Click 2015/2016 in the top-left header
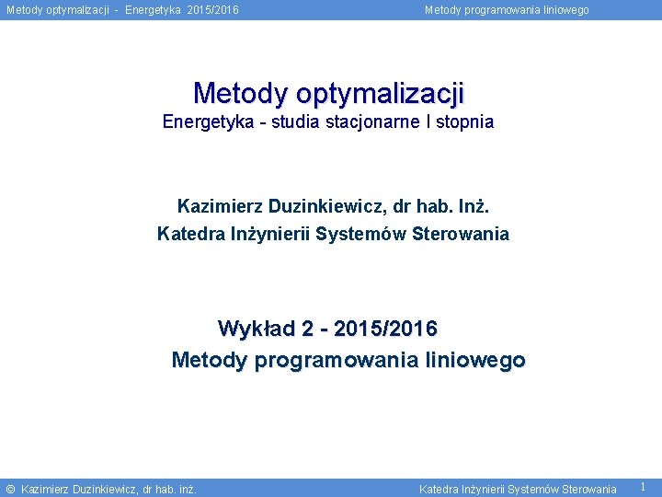tap(213, 10)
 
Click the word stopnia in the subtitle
tap(465, 121)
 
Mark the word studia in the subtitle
tap(295, 121)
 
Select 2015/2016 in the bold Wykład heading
tap(386, 329)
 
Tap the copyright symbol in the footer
tap(10, 489)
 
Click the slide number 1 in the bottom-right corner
tap(643, 487)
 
